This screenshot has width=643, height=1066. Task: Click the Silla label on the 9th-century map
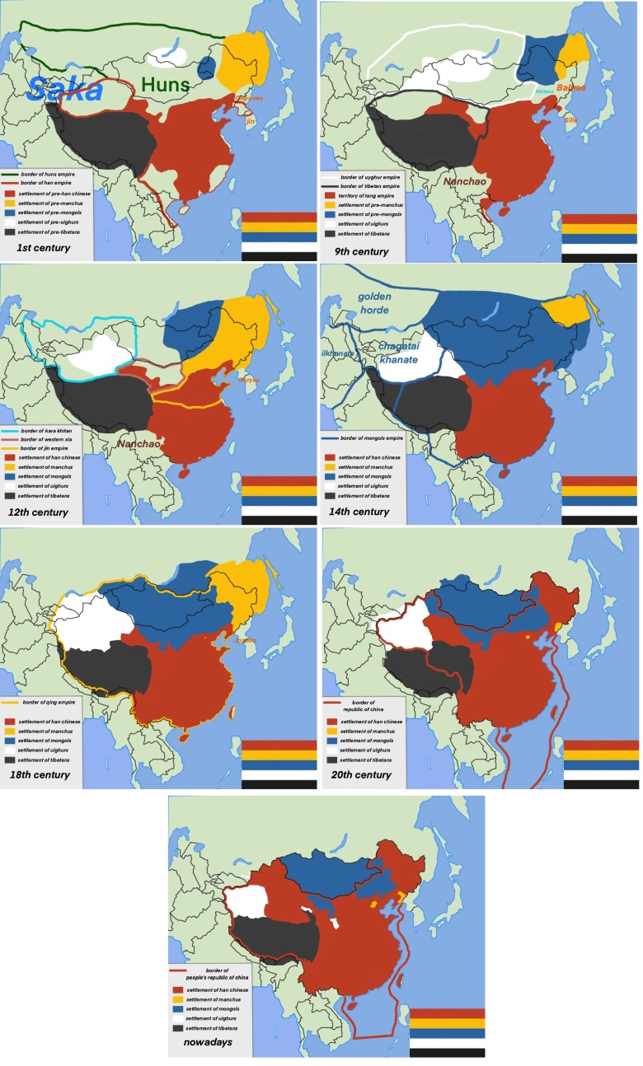[570, 119]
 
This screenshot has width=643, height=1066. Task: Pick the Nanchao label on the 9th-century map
[460, 180]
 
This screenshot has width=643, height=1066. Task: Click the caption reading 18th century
[47, 775]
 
